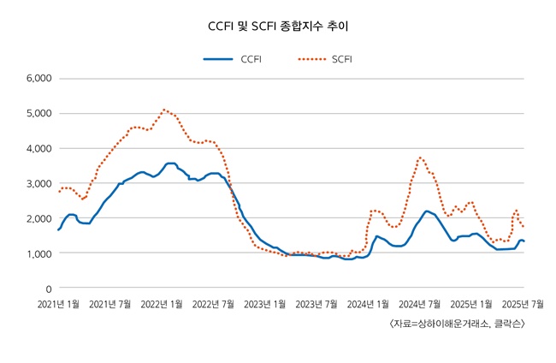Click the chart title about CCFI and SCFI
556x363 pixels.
click(278, 27)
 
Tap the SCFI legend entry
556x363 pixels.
click(341, 59)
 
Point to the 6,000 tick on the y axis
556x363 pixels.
click(39, 78)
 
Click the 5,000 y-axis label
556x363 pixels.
click(39, 113)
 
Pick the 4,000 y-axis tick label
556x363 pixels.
click(39, 148)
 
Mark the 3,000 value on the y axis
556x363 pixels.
click(39, 183)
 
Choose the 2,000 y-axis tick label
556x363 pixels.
click(39, 218)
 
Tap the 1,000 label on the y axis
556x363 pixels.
click(39, 253)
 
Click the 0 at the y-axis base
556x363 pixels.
click(49, 289)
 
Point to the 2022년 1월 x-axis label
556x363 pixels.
click(163, 304)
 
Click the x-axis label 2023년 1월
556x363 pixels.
click(266, 304)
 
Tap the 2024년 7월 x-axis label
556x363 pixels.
click(421, 304)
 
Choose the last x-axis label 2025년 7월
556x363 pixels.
click(523, 304)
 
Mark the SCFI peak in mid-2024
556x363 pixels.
click(420, 158)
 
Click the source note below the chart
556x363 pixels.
click(456, 324)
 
